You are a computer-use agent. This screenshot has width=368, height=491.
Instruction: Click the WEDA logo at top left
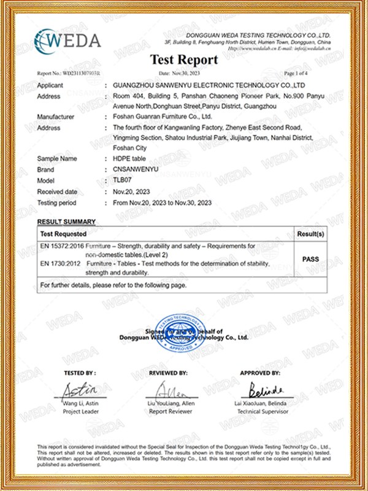(x=67, y=41)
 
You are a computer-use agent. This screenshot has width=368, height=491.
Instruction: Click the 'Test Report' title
(x=184, y=60)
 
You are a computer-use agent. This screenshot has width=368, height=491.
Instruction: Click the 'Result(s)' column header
(x=310, y=234)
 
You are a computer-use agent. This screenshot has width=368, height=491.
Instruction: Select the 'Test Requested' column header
(x=63, y=234)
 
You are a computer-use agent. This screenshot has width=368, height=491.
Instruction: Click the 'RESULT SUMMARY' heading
(x=66, y=221)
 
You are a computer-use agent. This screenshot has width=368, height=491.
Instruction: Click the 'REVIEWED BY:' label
(x=167, y=373)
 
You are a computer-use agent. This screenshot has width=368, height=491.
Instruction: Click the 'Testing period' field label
(x=57, y=203)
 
